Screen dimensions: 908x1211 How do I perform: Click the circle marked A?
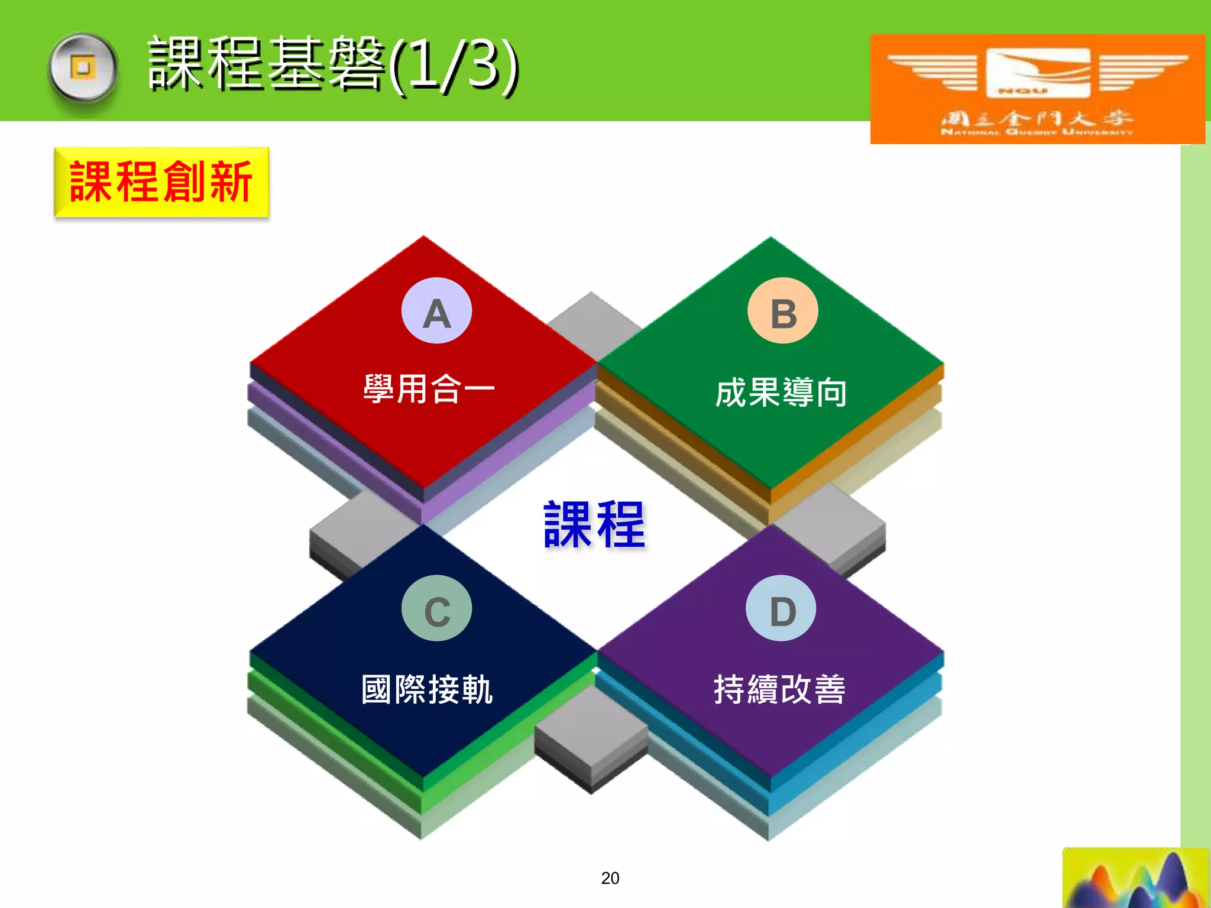click(x=436, y=311)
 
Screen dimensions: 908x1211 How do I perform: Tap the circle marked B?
click(x=783, y=311)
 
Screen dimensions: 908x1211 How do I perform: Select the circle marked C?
click(x=436, y=608)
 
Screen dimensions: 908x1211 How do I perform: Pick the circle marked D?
click(x=781, y=608)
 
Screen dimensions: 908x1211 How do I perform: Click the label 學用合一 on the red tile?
click(x=429, y=389)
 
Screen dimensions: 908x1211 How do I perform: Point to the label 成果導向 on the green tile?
click(x=781, y=393)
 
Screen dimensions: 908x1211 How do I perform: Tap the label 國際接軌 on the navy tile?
click(x=427, y=689)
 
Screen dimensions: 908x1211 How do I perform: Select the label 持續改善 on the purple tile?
click(x=779, y=689)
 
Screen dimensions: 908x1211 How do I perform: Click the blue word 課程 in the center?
click(x=594, y=524)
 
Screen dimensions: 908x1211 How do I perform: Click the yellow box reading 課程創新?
click(x=161, y=182)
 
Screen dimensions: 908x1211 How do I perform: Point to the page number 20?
click(x=610, y=878)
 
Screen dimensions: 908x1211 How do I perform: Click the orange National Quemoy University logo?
click(x=1037, y=89)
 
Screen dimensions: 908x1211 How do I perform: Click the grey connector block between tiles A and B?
click(x=593, y=322)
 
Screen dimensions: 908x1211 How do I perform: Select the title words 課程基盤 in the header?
click(x=266, y=64)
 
